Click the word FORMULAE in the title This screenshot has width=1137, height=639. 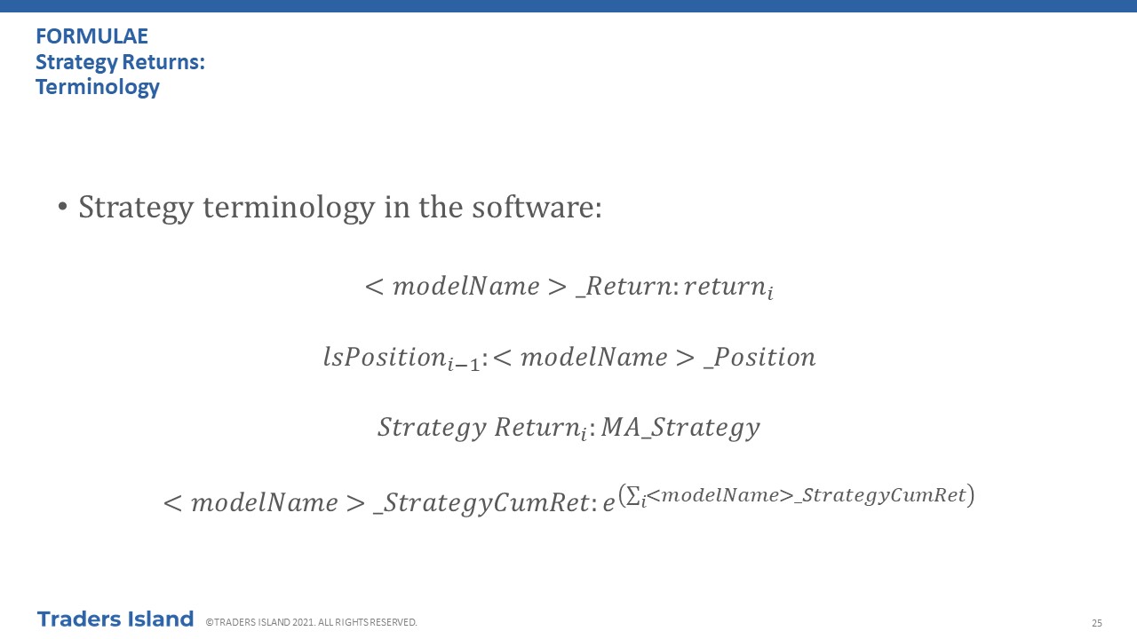[x=91, y=36]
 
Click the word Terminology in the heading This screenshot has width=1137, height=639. [x=98, y=87]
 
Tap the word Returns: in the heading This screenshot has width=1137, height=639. [x=163, y=62]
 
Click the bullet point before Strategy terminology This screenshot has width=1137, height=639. [x=62, y=207]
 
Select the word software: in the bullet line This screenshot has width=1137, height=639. [x=537, y=207]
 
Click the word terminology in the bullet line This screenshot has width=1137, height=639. [x=289, y=208]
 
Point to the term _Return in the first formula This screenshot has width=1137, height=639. [x=624, y=287]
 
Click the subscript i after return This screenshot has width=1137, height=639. [x=770, y=293]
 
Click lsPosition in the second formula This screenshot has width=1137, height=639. [x=385, y=357]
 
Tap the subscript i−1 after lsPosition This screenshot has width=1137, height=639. [x=464, y=363]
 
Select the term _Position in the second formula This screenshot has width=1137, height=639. [x=759, y=357]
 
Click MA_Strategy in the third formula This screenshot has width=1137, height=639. [x=680, y=428]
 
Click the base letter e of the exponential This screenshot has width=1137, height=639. [x=608, y=503]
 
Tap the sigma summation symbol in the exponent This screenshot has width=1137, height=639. [x=633, y=495]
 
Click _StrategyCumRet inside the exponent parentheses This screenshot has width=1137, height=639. [x=880, y=495]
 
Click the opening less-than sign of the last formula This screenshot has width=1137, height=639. [x=172, y=503]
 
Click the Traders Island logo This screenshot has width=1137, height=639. [x=115, y=619]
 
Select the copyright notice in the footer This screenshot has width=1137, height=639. [x=311, y=622]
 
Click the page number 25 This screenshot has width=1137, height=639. [x=1097, y=623]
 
